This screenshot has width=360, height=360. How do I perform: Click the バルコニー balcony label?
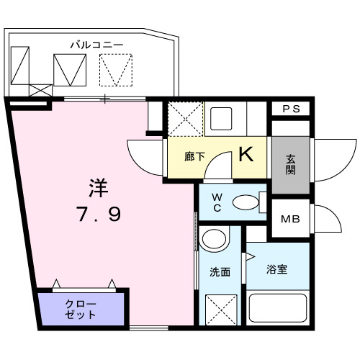pos(96,45)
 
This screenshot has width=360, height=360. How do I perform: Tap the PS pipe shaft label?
pos(291,109)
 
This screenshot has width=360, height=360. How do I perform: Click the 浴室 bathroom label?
pos(276,270)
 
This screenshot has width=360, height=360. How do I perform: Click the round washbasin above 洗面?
pos(213,239)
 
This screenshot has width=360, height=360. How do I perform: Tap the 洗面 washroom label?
pos(220,272)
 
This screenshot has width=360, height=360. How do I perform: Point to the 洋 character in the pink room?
pos(99,189)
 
